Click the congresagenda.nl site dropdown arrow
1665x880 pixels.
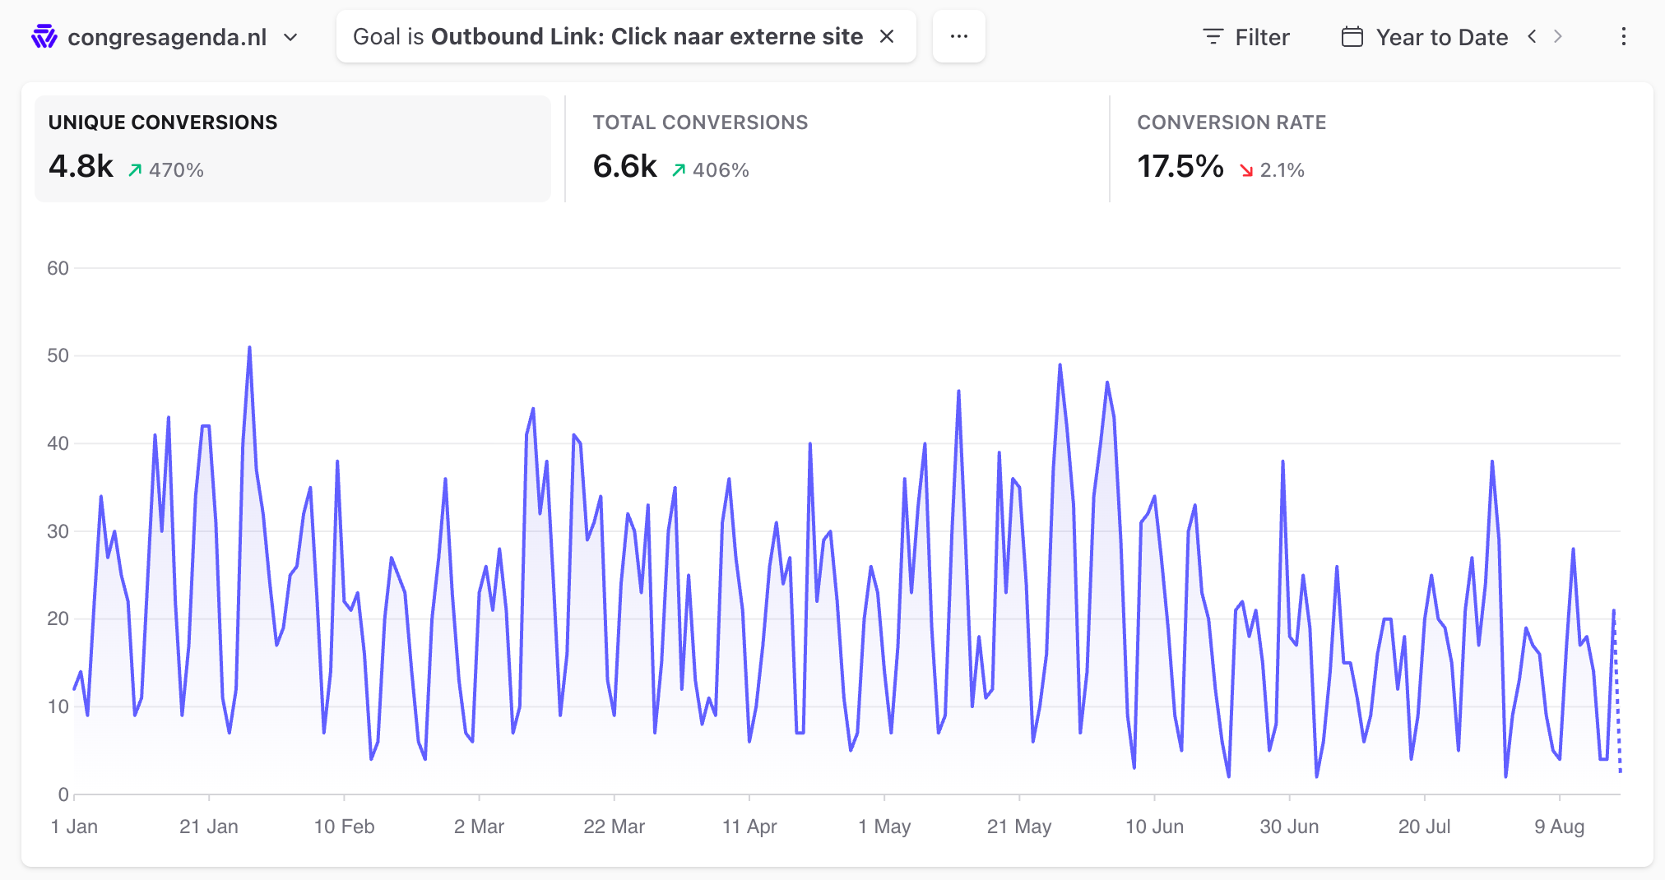[x=290, y=37]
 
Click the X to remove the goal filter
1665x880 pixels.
[x=887, y=36]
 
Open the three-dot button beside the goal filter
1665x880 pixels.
[x=959, y=36]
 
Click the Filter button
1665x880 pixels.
[x=1246, y=37]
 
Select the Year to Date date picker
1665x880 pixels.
[x=1425, y=37]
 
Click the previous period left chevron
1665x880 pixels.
[x=1532, y=36]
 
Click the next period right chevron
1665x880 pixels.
[x=1557, y=36]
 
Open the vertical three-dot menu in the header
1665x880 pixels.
[x=1624, y=36]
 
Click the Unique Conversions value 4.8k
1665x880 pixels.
[x=81, y=166]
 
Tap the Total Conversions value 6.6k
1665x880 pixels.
[x=625, y=166]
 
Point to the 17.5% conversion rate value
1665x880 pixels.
[x=1180, y=166]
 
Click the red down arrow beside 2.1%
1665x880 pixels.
[x=1246, y=170]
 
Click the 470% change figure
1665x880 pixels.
[x=176, y=170]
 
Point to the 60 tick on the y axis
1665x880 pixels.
[x=58, y=268]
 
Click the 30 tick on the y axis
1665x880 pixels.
[x=58, y=531]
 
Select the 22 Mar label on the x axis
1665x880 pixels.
[x=614, y=827]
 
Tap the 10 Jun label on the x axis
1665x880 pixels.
[x=1154, y=827]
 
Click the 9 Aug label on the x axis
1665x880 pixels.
[x=1559, y=827]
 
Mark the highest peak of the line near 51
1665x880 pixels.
[x=249, y=347]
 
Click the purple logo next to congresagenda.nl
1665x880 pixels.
[x=44, y=37]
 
